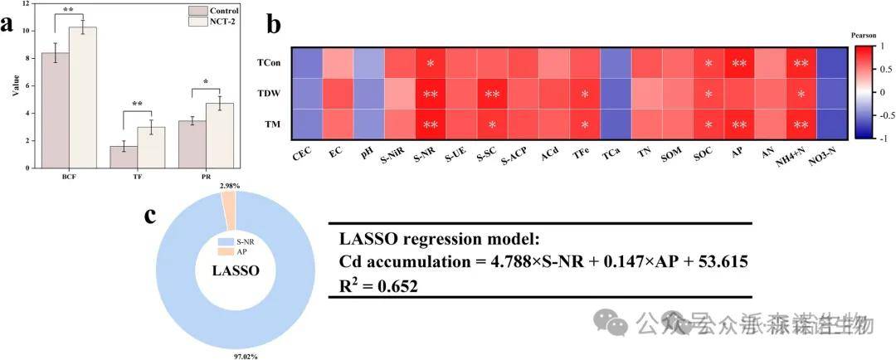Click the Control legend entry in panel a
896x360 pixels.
[213, 11]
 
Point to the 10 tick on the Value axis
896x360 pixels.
[30, 31]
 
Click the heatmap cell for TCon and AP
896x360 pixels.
[738, 63]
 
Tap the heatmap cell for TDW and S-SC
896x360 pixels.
[492, 95]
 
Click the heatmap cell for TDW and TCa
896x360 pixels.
[615, 95]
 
